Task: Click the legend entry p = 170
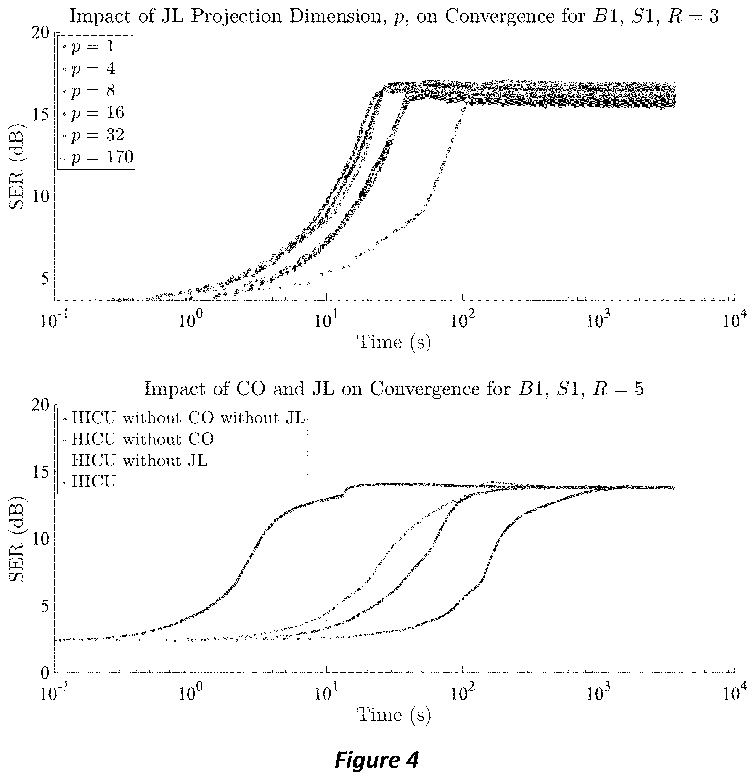pos(102,158)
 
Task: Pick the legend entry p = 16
pos(98,113)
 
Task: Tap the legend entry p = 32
pos(98,135)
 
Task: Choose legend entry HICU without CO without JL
pos(188,418)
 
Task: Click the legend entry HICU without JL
pos(139,461)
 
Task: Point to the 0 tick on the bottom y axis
pos(45,673)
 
